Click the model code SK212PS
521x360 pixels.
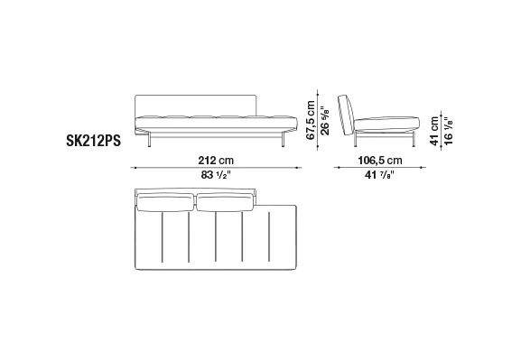click(x=93, y=141)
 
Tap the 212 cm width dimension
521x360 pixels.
click(x=216, y=161)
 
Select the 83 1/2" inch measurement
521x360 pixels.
click(x=216, y=175)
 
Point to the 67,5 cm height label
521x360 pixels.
click(x=311, y=120)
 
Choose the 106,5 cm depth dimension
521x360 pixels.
click(x=380, y=161)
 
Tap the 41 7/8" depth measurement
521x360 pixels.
click(x=379, y=175)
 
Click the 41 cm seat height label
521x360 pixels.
click(x=434, y=131)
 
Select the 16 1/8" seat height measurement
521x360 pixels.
click(x=448, y=131)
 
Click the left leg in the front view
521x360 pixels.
click(x=149, y=139)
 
